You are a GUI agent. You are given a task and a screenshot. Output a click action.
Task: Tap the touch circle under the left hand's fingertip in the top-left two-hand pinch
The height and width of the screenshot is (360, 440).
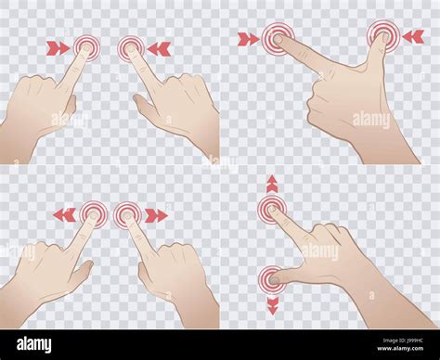coord(88,45)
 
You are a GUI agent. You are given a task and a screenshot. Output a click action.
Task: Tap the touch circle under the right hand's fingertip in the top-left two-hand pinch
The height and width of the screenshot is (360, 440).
coord(132,46)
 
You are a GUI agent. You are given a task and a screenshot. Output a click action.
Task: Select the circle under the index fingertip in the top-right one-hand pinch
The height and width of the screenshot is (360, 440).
coord(277,38)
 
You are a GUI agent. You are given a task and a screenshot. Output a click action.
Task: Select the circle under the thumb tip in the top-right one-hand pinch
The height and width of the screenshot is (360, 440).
coord(382,35)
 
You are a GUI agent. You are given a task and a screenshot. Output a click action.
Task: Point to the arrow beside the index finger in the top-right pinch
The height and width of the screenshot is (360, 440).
coord(248,39)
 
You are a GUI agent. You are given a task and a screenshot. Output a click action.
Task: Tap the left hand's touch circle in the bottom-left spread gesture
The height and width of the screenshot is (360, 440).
coord(93,215)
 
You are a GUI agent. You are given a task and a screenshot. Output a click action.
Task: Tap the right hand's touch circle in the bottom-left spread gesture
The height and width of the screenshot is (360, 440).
coord(127,215)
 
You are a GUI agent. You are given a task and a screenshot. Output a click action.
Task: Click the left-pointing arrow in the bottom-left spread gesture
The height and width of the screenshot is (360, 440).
coord(63,215)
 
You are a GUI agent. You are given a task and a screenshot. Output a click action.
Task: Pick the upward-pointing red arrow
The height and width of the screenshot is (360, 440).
coord(271,183)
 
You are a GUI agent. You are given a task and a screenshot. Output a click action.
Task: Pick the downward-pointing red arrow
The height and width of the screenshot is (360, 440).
coord(271,305)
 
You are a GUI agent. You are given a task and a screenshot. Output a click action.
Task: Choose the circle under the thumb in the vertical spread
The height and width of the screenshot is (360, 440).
coord(271,276)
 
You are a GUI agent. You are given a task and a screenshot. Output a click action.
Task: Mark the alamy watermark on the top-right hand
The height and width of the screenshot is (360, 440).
coord(371,119)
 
